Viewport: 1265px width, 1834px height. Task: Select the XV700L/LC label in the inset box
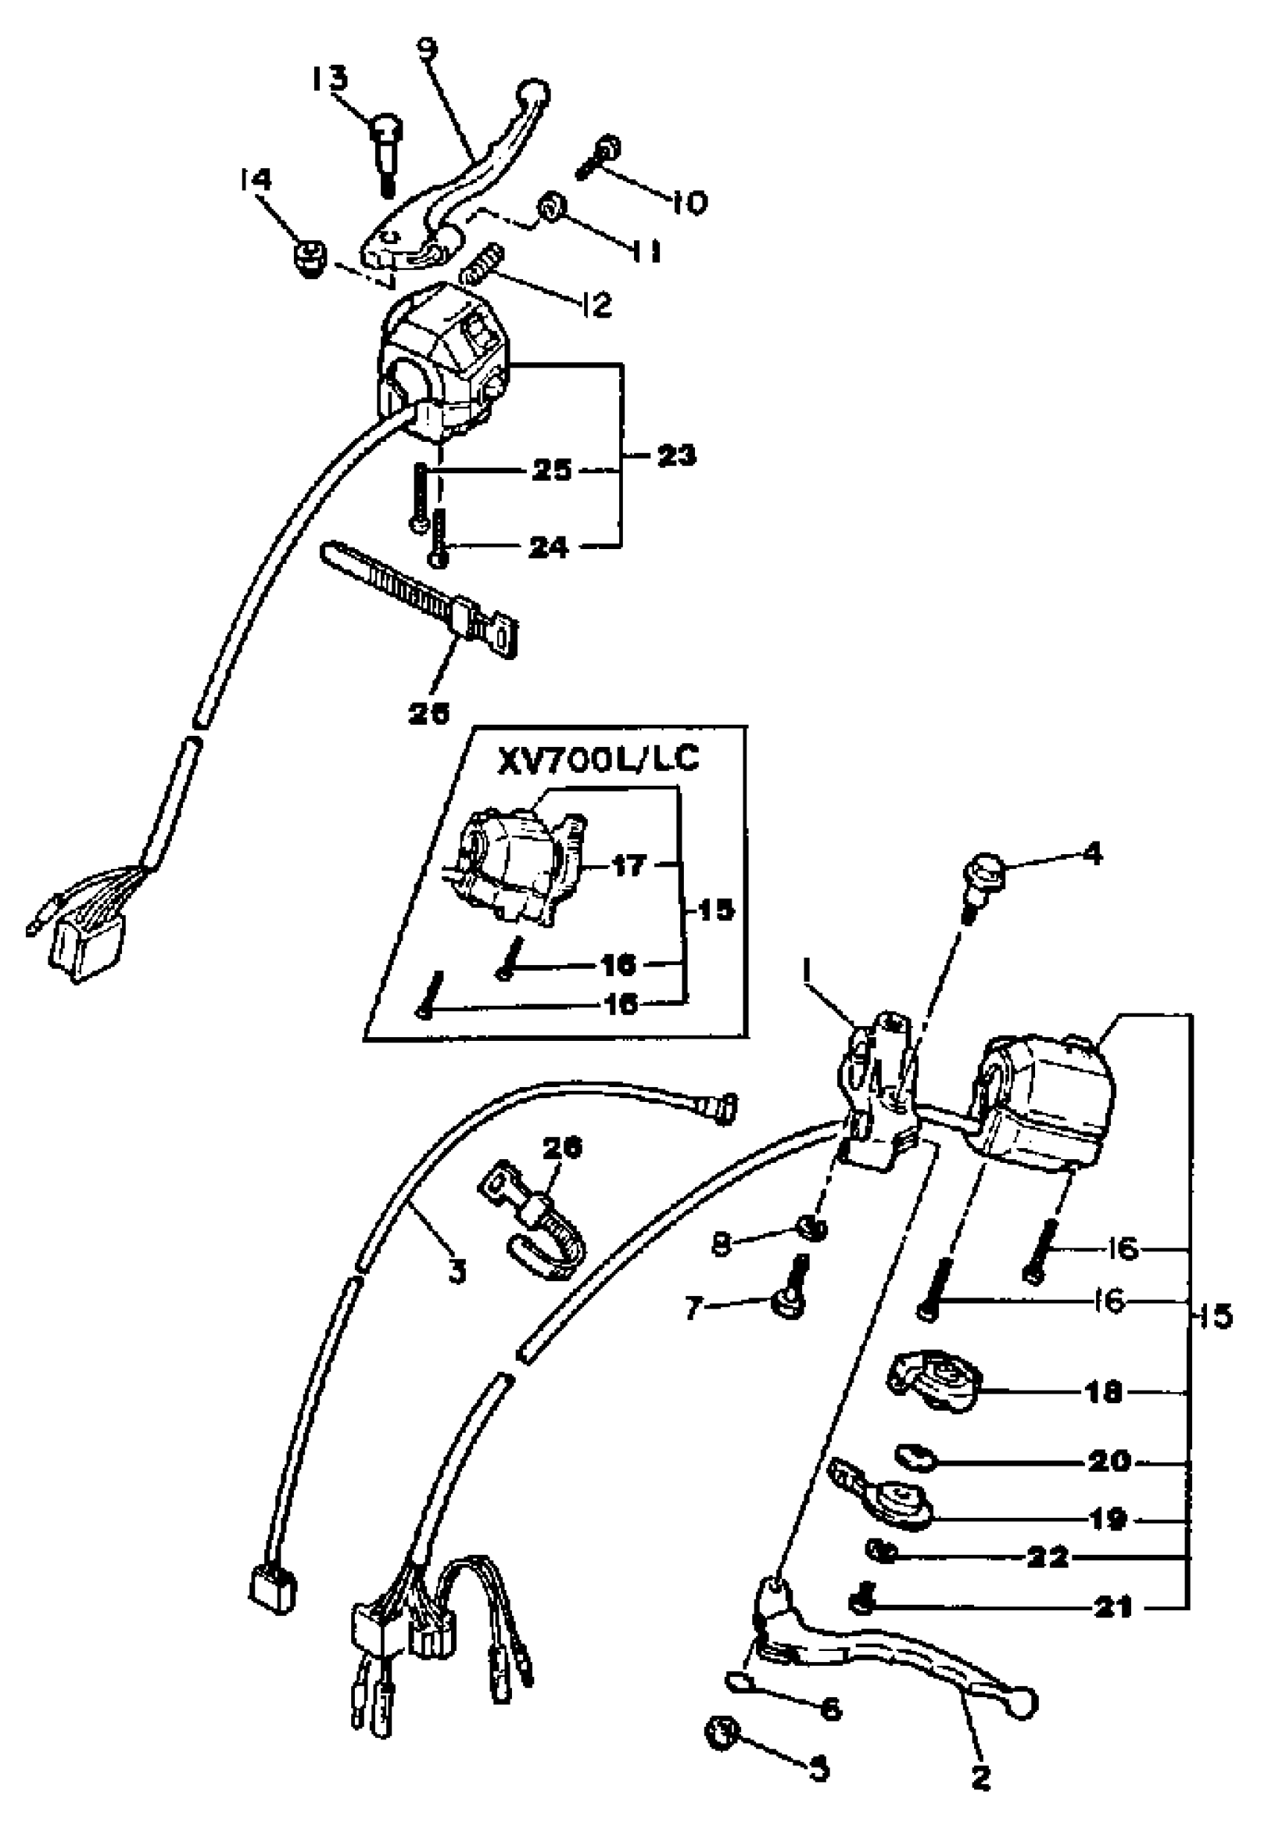pyautogui.click(x=598, y=758)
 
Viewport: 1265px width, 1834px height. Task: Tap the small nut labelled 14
pyautogui.click(x=307, y=258)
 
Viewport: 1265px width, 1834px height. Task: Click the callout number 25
pyautogui.click(x=551, y=469)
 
